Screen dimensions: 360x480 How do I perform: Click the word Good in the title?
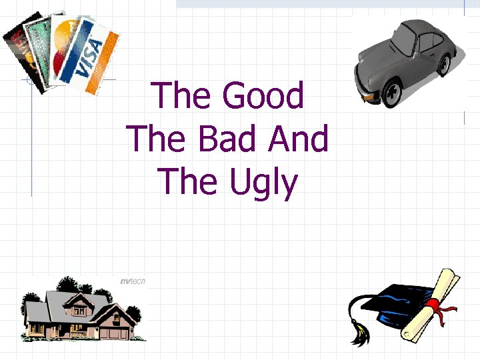[x=263, y=96]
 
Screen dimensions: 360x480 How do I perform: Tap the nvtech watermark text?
[x=131, y=281]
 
